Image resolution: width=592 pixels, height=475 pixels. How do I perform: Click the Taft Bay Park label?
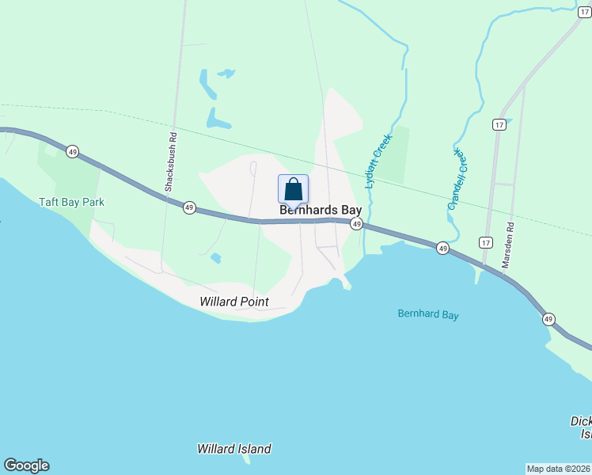click(72, 202)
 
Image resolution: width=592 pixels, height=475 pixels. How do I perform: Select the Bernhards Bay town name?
click(321, 211)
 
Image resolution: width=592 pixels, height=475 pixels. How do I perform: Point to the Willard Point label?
click(234, 302)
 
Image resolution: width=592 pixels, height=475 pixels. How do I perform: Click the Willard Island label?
click(234, 449)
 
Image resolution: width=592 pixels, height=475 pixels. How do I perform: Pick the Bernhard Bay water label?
click(427, 315)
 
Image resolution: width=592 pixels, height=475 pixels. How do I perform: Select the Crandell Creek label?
click(458, 179)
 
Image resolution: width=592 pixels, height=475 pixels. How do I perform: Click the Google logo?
click(26, 465)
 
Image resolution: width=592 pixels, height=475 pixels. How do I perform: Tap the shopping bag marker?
click(293, 189)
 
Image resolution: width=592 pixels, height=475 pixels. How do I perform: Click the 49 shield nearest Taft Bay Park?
click(73, 151)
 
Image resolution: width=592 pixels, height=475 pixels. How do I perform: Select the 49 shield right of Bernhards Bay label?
click(357, 225)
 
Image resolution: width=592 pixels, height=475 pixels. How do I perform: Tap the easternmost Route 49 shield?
click(548, 319)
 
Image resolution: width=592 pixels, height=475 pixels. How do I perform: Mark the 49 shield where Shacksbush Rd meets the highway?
click(189, 207)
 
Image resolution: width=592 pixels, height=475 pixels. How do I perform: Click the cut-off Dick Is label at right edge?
click(581, 427)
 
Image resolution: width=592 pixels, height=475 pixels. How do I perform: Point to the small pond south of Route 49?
click(216, 258)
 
